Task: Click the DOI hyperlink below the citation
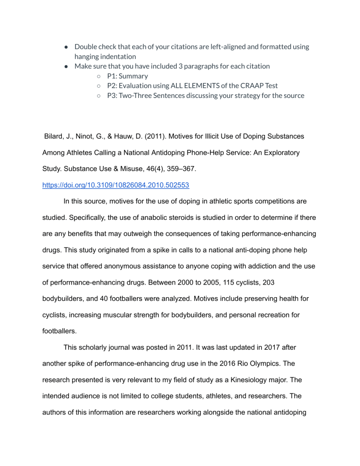116,185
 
